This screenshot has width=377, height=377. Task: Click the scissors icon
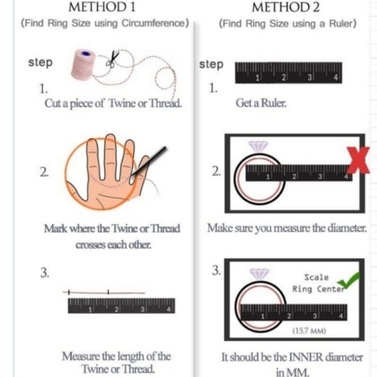click(112, 59)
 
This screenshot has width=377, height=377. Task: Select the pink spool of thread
click(83, 64)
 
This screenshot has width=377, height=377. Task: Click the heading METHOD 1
click(102, 7)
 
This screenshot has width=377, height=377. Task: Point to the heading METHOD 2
click(285, 7)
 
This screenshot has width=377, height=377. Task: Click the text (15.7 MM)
click(309, 331)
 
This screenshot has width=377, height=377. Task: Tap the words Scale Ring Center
click(318, 283)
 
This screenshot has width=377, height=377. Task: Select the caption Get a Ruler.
click(261, 103)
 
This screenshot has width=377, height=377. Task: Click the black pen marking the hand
click(149, 161)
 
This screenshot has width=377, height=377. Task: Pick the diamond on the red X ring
click(258, 147)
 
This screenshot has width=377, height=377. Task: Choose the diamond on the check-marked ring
click(259, 274)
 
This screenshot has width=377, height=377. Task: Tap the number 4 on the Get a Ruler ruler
click(336, 77)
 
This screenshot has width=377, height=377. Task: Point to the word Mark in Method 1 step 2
click(56, 229)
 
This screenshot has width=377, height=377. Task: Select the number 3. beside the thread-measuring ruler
click(45, 273)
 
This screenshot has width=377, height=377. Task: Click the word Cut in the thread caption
click(51, 104)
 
